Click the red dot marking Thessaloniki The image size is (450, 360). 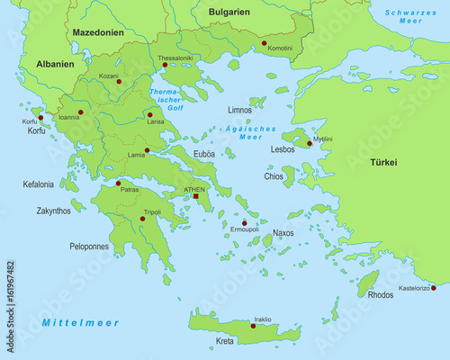(x=165, y=65)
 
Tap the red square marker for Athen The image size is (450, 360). (x=195, y=196)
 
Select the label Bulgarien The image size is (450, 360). (x=228, y=11)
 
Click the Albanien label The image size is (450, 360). (x=55, y=65)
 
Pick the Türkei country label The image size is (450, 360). (x=385, y=163)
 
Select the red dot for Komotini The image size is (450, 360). (x=264, y=42)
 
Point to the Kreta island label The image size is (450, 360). (x=225, y=342)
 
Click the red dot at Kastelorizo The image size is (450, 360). (x=434, y=288)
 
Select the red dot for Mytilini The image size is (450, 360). (x=310, y=143)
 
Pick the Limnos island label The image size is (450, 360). (x=239, y=110)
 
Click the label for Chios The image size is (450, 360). (x=274, y=176)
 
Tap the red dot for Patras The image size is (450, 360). (x=118, y=184)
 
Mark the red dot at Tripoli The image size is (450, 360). (x=142, y=219)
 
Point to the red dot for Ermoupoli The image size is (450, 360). (x=244, y=222)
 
